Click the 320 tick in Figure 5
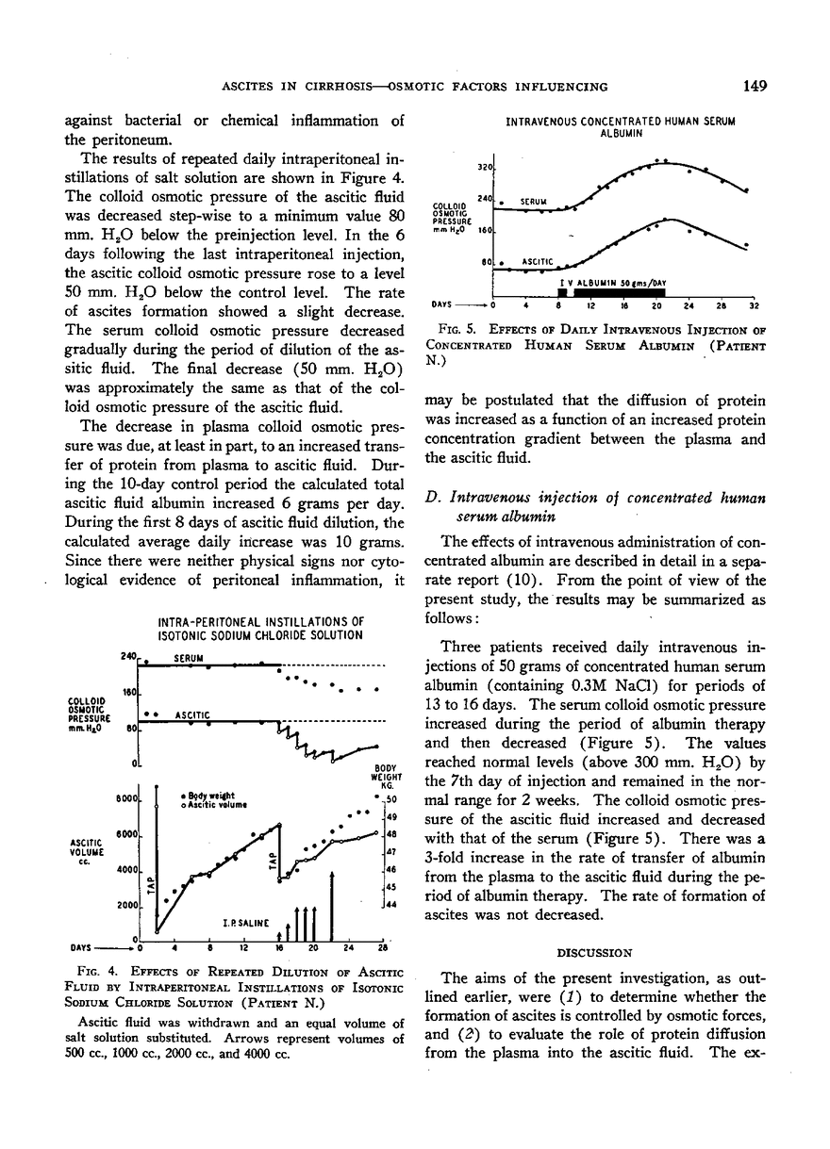(x=486, y=167)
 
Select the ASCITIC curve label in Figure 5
(x=534, y=262)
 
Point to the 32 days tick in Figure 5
(x=753, y=304)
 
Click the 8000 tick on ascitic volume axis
(x=128, y=799)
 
